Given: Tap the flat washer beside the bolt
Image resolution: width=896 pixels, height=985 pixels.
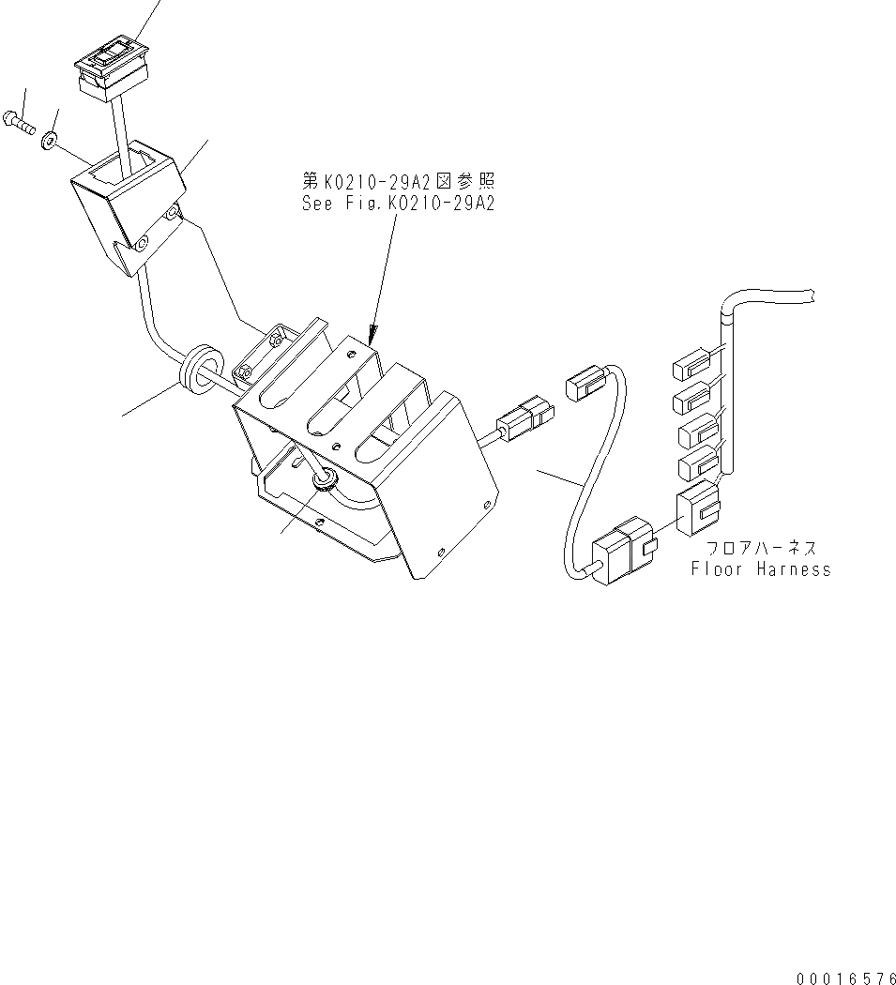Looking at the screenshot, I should tap(47, 140).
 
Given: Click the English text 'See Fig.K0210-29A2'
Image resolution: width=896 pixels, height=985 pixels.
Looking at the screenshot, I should tap(398, 203).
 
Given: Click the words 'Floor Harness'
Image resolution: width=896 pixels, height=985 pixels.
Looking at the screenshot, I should tap(761, 568).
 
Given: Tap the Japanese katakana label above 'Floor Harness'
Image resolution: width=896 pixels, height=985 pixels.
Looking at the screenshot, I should tap(761, 548).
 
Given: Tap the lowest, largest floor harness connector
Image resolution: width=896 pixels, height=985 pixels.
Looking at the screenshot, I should tap(697, 508).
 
